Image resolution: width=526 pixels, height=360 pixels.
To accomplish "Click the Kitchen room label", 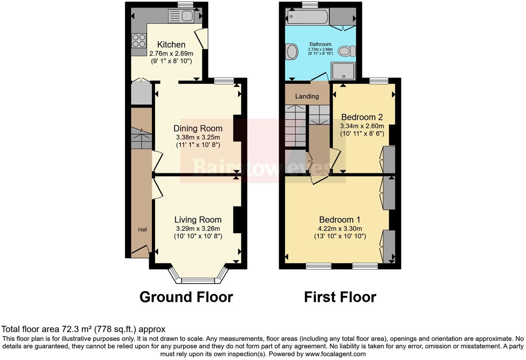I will [x=171, y=45].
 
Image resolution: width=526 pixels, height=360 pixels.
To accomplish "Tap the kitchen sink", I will [x=181, y=16].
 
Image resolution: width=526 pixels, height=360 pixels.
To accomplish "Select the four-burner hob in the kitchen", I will [x=139, y=40].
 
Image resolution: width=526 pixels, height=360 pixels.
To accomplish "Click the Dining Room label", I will [x=198, y=128].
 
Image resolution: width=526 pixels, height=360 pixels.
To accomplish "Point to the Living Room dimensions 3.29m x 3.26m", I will [x=198, y=228].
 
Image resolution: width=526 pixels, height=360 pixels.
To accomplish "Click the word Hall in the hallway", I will [x=142, y=229].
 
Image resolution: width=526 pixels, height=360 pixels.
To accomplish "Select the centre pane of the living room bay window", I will [x=199, y=280].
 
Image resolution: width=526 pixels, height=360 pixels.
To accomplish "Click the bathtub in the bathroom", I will [x=308, y=17].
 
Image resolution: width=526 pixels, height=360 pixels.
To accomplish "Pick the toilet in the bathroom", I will [x=346, y=51].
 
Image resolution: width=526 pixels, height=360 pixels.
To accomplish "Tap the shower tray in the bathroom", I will [x=343, y=71].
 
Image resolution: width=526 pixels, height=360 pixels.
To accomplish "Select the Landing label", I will [x=307, y=97].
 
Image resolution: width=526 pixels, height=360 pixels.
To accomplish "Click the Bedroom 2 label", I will [x=362, y=117].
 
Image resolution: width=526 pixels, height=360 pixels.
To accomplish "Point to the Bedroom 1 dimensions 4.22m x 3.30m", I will [x=339, y=228].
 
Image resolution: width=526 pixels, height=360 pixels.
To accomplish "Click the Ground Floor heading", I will [x=186, y=297].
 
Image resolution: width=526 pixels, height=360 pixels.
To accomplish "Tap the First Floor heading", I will [x=340, y=297].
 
